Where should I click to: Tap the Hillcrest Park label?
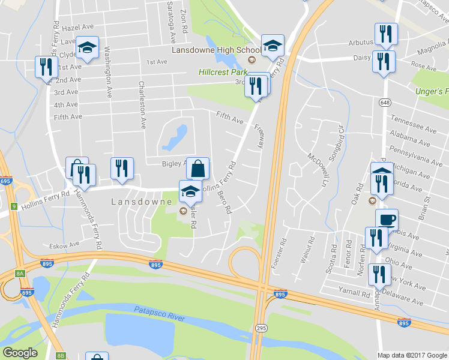coord(223,72)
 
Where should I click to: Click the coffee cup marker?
coord(387,219)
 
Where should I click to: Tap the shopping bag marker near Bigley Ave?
coord(197,168)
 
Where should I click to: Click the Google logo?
coord(20,353)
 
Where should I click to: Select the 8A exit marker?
coord(21,273)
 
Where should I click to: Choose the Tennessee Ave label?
coord(413,125)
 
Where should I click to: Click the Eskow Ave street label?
coord(65,245)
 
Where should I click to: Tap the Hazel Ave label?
coord(79,28)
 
